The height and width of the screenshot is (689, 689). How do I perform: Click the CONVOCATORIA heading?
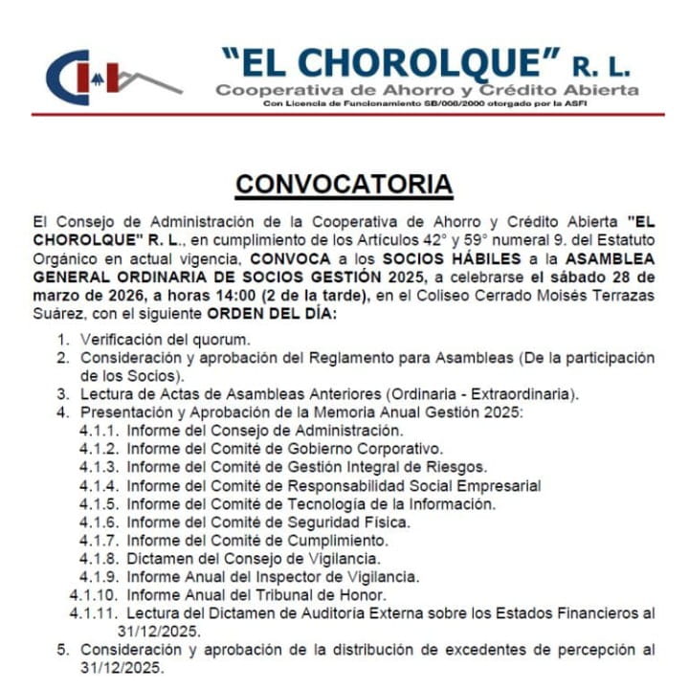344,182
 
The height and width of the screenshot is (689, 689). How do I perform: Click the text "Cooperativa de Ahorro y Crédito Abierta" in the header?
427,90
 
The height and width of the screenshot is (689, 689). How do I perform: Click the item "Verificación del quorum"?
165,340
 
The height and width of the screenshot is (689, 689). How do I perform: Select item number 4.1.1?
99,432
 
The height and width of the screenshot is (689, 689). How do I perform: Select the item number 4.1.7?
99,540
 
